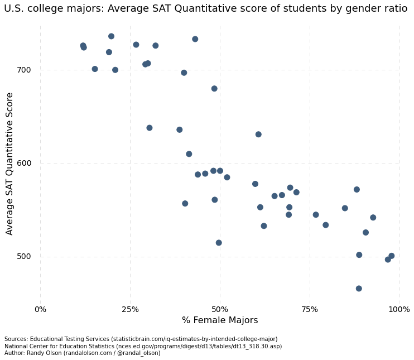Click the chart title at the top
pos(206,9)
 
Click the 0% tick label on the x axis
pos(40,309)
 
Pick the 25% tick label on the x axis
pos(130,309)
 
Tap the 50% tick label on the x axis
pos(220,309)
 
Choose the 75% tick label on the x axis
pos(310,309)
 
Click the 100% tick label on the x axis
pos(399,309)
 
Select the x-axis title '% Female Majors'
pos(220,320)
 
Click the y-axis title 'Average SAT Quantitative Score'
pos(9,164)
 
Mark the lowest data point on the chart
pos(359,289)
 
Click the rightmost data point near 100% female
pos(392,256)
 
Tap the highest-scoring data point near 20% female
pos(111,36)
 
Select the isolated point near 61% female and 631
pos(258,135)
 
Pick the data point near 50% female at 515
pos(219,243)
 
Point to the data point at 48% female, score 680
pos(214,89)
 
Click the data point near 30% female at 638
pos(150,128)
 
